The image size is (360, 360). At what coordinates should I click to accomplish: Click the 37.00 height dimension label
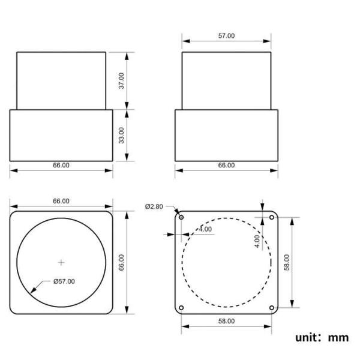coord(121,80)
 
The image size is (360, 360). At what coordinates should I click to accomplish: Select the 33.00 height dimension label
coord(121,135)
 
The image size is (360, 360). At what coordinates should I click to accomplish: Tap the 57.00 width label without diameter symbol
coord(226,36)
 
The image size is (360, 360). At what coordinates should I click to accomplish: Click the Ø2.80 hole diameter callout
coord(154,207)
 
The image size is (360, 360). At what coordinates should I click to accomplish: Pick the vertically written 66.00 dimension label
coord(121,262)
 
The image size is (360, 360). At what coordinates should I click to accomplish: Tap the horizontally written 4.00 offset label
coord(205,230)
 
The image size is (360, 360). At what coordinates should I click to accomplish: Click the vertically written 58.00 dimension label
coord(287,262)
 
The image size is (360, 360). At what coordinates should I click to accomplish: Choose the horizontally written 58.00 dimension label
coord(226,322)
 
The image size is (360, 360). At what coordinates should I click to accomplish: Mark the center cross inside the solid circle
coord(61,262)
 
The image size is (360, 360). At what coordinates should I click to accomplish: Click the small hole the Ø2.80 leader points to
coord(182,217)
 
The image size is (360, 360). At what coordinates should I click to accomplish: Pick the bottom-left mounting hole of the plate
coord(182,307)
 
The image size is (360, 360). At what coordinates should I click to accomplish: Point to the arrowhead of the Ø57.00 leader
coord(31,291)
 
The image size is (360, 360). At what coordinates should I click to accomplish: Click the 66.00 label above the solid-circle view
coord(61,201)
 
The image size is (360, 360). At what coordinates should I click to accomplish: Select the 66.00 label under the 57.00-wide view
coord(226,165)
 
